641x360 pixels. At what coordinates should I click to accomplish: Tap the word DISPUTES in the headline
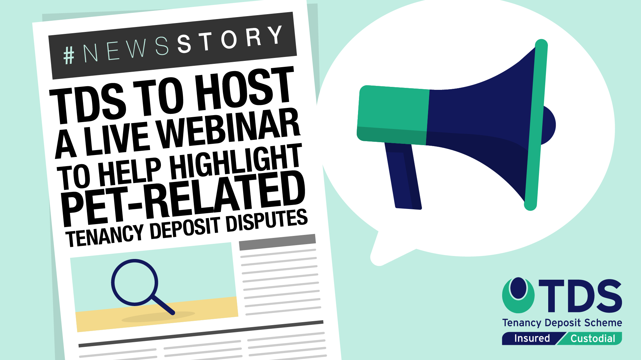click(x=267, y=221)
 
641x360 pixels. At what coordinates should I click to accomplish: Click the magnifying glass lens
click(x=135, y=282)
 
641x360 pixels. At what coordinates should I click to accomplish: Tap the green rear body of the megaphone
click(x=393, y=115)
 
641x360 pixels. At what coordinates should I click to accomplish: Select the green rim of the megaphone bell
click(x=536, y=125)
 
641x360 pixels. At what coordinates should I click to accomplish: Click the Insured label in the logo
click(x=532, y=338)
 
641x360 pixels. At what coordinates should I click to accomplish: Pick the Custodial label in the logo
click(x=593, y=339)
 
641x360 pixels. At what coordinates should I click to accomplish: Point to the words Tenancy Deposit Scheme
click(x=562, y=323)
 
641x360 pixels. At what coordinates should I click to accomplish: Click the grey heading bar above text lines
click(x=277, y=242)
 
